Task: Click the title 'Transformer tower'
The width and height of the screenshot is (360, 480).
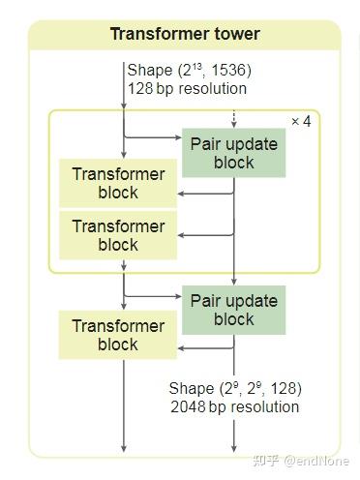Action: click(x=184, y=35)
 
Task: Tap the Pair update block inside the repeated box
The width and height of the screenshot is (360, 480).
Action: click(x=233, y=153)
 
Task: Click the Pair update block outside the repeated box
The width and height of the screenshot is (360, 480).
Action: click(x=233, y=309)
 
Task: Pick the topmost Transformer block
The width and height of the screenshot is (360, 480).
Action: click(x=118, y=182)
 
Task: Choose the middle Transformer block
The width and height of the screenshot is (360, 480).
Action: click(x=118, y=234)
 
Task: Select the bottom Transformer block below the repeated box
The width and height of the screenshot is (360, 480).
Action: click(x=118, y=334)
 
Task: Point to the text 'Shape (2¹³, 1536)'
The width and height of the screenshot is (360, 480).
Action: click(x=189, y=70)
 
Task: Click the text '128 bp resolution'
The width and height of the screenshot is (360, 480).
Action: click(x=187, y=88)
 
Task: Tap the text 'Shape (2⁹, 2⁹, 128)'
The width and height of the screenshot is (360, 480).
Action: click(x=235, y=388)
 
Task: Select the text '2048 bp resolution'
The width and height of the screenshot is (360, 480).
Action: click(x=235, y=406)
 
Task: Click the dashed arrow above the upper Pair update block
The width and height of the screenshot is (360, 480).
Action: click(x=233, y=120)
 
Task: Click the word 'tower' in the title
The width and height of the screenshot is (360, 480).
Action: click(x=236, y=35)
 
